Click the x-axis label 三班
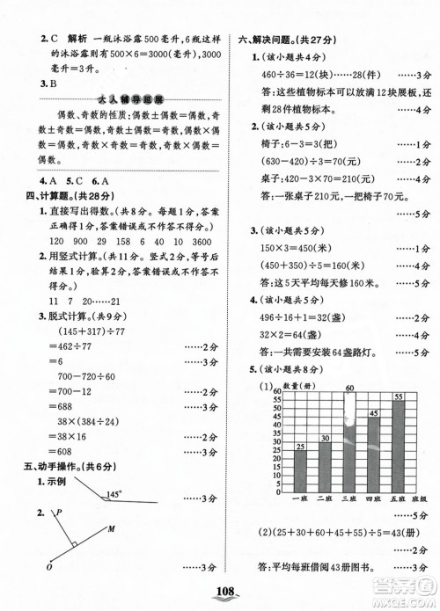pos(348,498)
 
